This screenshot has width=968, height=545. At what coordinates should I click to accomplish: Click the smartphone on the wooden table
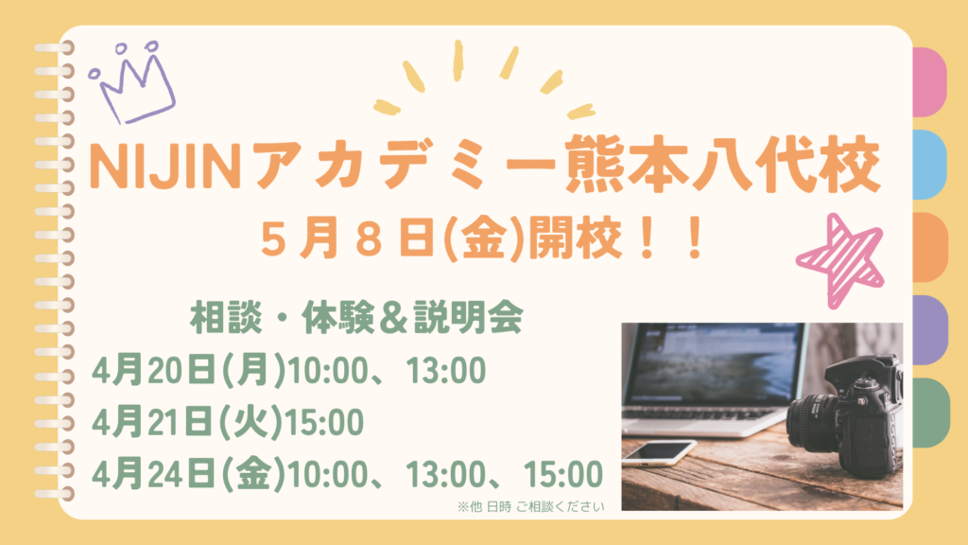pos(658,452)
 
